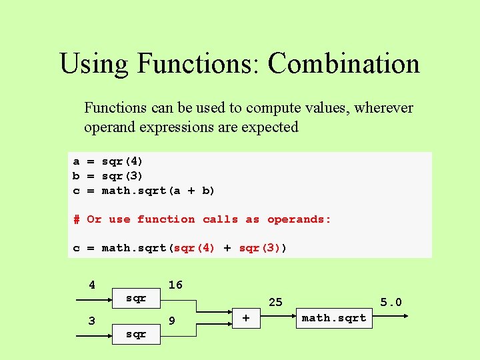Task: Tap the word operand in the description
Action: pos(109,127)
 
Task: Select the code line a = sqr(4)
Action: pos(107,161)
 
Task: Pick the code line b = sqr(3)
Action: pos(107,176)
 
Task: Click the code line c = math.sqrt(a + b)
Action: pos(143,191)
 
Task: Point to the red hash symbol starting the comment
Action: pos(77,219)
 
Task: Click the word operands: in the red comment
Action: pos(299,219)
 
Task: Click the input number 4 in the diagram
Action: pos(92,285)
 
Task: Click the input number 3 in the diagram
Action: pos(92,321)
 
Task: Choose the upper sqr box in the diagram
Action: pos(136,299)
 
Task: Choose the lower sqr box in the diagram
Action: pos(136,333)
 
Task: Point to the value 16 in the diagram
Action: pos(175,285)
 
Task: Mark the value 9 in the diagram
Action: pos(172,321)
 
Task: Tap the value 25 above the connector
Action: pos(275,302)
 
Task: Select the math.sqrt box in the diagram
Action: pos(333,319)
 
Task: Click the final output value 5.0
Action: pos(391,302)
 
